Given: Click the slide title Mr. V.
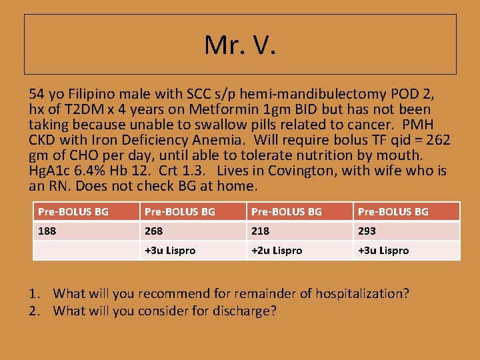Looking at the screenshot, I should (240, 45).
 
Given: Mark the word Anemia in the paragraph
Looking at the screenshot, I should (220, 140).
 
